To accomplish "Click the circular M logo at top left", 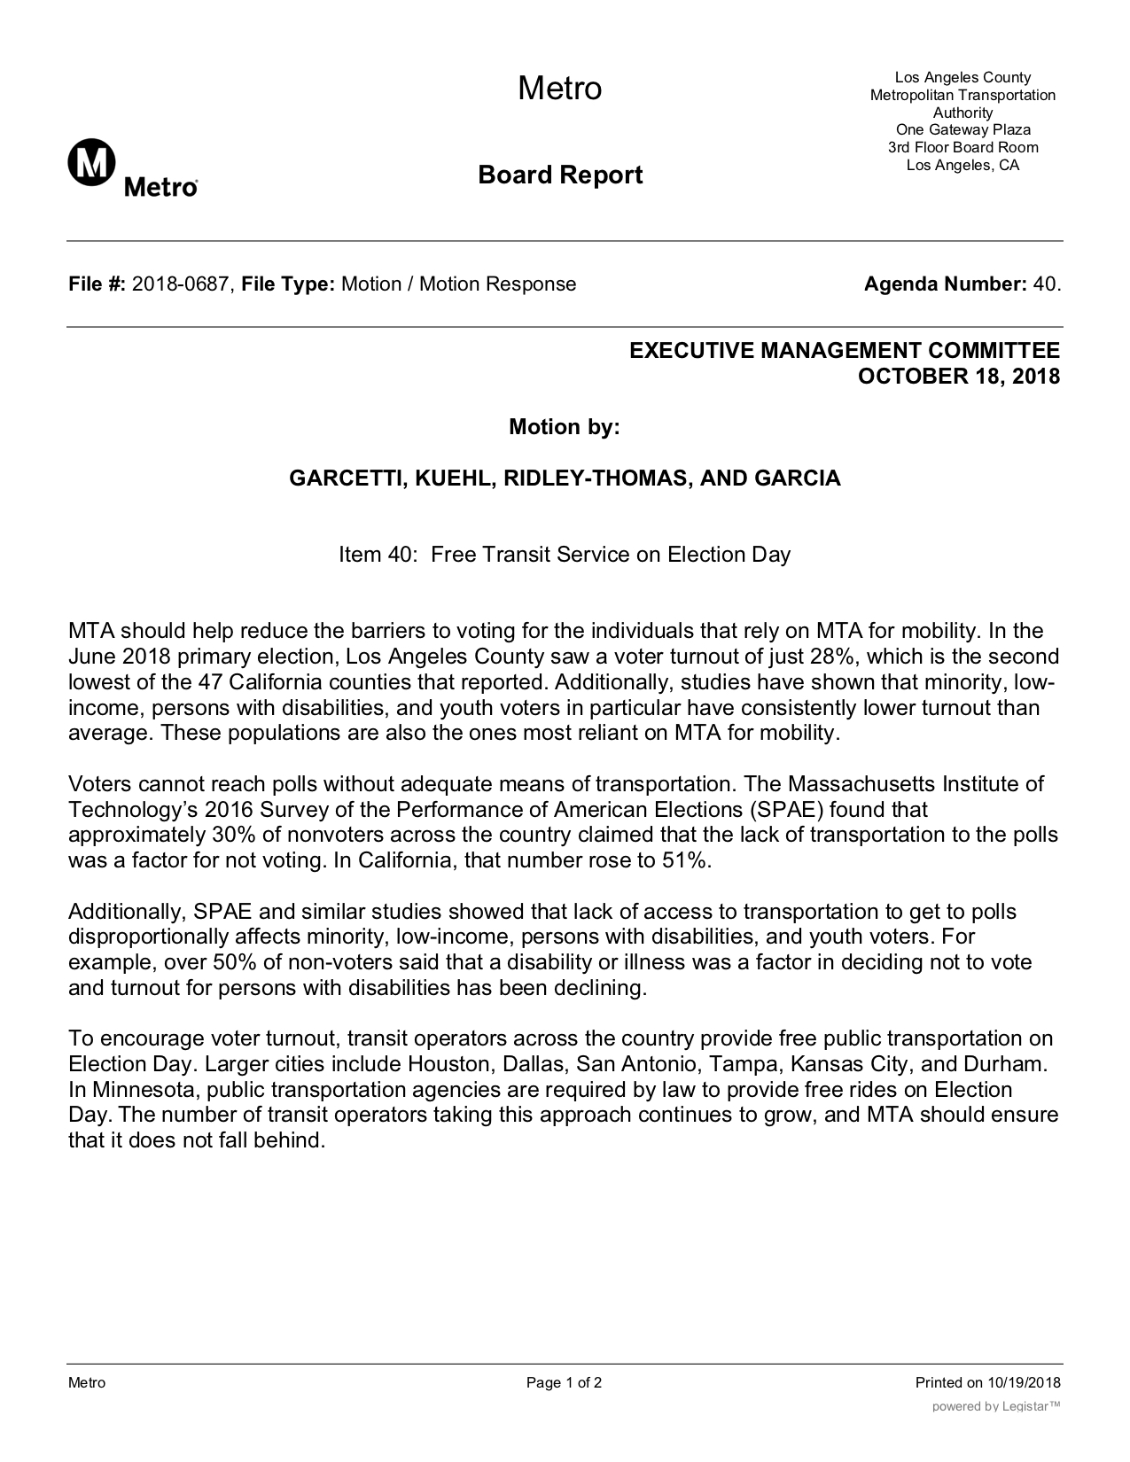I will click(x=91, y=162).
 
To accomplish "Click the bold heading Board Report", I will click(x=560, y=175).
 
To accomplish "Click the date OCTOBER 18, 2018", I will click(x=959, y=376).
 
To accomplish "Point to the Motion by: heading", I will click(x=564, y=427).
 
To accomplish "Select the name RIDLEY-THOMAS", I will click(x=597, y=478).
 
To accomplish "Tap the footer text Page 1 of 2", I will click(x=565, y=1383).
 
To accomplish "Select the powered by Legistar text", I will click(x=996, y=1406).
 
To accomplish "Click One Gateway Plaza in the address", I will click(x=962, y=129).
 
